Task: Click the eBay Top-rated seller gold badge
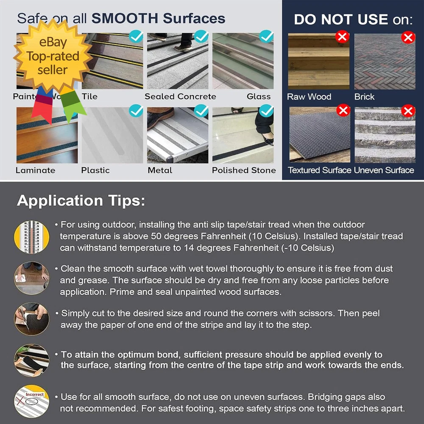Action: point(53,56)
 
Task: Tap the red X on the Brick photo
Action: point(408,37)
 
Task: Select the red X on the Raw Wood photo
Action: point(342,36)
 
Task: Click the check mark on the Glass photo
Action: point(266,36)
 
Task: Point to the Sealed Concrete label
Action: point(180,97)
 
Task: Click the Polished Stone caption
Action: point(244,170)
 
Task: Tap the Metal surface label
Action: point(160,170)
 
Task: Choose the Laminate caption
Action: point(36,170)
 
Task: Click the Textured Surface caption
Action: point(319,170)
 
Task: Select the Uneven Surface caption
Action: point(384,170)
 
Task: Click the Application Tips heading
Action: point(81,201)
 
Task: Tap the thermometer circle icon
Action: point(32,237)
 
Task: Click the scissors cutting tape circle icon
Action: point(32,319)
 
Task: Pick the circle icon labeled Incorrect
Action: point(32,401)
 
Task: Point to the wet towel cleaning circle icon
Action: point(32,278)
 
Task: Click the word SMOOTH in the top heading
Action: point(125,18)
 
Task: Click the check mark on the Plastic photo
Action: point(136,111)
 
